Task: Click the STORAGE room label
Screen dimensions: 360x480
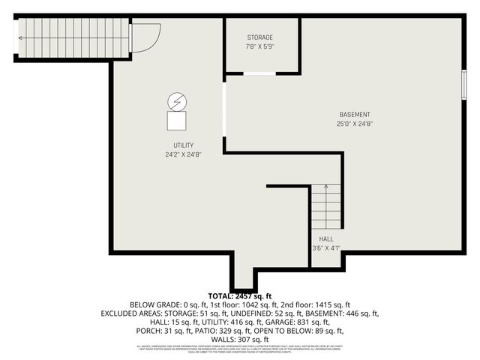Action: click(x=260, y=37)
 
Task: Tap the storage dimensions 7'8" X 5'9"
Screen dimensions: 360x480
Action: click(x=260, y=47)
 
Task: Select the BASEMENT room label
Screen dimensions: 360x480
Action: click(x=355, y=115)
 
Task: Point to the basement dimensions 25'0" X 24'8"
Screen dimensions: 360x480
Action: click(x=355, y=124)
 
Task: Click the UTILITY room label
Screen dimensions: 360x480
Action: click(x=184, y=145)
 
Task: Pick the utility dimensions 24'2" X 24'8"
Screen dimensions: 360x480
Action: click(x=184, y=155)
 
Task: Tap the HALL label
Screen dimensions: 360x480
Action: click(x=326, y=239)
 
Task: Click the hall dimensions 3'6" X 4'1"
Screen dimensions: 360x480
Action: click(x=326, y=248)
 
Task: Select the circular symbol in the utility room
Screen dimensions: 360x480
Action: click(x=177, y=100)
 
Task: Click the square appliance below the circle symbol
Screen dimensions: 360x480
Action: click(x=177, y=120)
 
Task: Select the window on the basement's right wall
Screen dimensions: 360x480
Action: click(x=463, y=84)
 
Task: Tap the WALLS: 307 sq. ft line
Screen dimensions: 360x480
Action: click(x=240, y=338)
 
